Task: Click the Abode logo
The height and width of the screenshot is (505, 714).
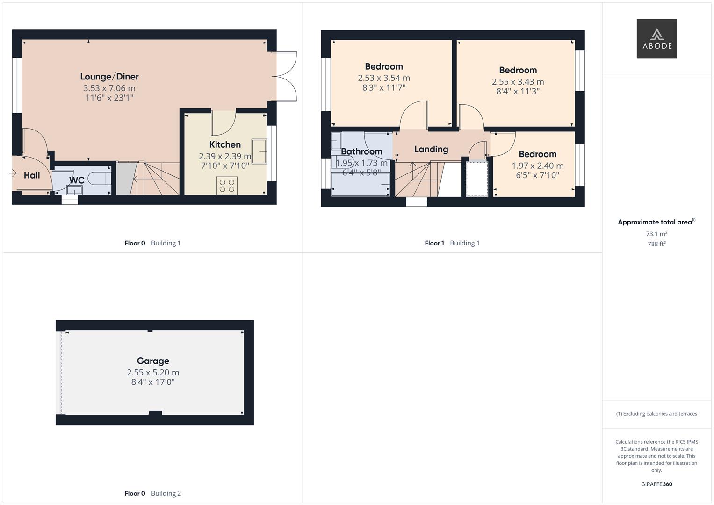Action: click(x=656, y=38)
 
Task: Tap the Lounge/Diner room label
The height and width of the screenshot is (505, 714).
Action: click(x=109, y=77)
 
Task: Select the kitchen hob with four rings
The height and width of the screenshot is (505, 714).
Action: click(x=227, y=186)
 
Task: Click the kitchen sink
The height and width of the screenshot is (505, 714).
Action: click(x=259, y=151)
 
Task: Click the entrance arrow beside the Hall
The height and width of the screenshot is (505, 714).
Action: click(x=13, y=174)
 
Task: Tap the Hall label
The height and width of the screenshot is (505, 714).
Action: click(x=32, y=175)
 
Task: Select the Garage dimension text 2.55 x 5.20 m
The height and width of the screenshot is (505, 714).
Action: click(x=153, y=373)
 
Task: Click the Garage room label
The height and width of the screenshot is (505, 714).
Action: click(x=153, y=361)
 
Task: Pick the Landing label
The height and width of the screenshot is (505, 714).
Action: click(x=431, y=149)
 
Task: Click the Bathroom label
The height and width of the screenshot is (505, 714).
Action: click(x=361, y=151)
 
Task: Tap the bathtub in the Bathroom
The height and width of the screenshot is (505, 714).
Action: click(x=360, y=184)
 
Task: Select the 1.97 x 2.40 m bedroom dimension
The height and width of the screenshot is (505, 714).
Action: click(x=537, y=166)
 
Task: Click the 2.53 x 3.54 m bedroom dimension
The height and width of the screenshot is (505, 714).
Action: click(x=384, y=78)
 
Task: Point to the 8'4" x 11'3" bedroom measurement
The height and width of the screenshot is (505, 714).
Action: click(x=518, y=91)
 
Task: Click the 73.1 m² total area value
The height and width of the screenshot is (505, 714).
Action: click(x=656, y=234)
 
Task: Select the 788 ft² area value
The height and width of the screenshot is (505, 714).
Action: click(x=656, y=244)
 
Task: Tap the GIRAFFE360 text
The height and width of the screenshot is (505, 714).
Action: click(x=656, y=484)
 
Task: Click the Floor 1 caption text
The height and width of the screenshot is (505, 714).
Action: click(x=434, y=243)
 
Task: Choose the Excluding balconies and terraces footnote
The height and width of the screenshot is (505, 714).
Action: click(x=656, y=414)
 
